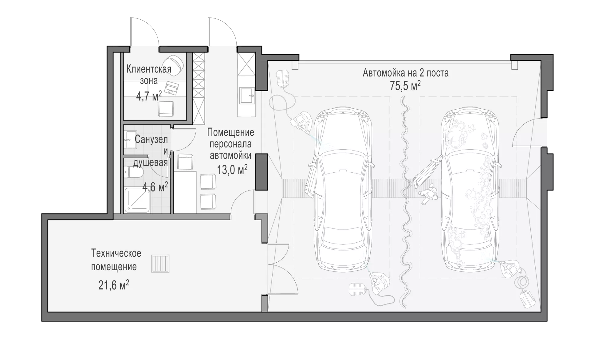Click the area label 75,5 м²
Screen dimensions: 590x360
tap(405, 86)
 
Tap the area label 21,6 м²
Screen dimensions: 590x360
tap(114, 285)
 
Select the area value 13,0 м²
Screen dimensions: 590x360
tap(232, 169)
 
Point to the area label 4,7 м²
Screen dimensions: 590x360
tap(149, 96)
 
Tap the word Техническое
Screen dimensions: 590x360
tap(116, 253)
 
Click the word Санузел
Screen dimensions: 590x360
tap(151, 140)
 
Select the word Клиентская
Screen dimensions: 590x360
tap(149, 69)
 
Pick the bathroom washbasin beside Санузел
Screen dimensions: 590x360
tap(130, 140)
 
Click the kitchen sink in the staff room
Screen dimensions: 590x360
tap(247, 95)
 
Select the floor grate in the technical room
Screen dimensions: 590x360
tap(160, 264)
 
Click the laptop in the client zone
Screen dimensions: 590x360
tap(171, 88)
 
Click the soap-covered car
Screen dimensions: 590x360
tap(469, 189)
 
